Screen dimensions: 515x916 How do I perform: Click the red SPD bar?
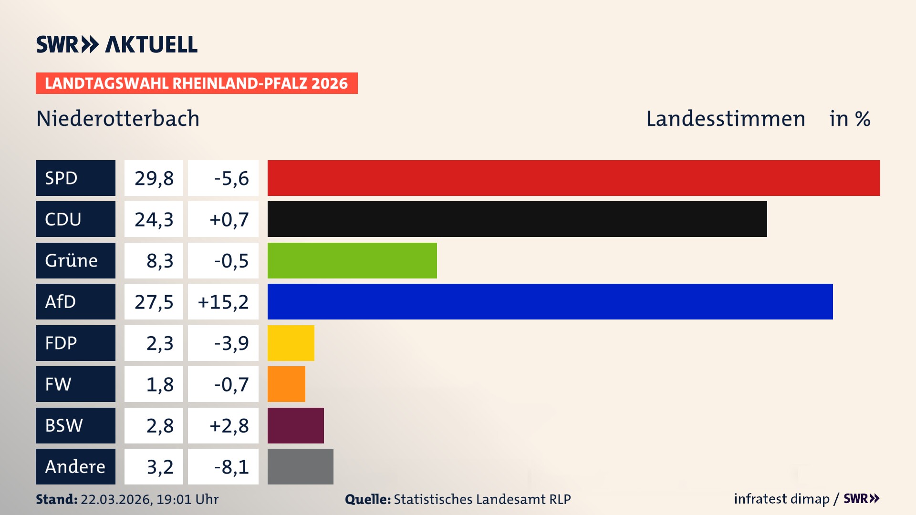pos(573,178)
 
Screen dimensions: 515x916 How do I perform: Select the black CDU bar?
pos(517,219)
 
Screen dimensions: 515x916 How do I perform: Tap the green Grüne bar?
pos(352,260)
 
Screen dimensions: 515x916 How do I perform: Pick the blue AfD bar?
pos(550,301)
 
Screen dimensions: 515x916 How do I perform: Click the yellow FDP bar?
pos(291,343)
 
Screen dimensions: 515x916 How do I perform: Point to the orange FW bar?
pos(286,384)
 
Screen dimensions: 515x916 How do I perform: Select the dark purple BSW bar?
pos(295,425)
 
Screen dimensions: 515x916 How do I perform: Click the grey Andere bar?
pos(300,466)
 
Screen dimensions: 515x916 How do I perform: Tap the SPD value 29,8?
pos(154,178)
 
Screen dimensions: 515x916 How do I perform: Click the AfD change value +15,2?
pos(223,302)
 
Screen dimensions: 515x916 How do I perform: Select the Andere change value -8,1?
pos(231,467)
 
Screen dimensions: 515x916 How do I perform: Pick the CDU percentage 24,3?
pos(154,219)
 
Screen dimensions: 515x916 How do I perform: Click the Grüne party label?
pos(72,260)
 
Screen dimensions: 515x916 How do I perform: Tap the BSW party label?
pos(64,425)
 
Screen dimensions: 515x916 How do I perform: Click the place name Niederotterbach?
pos(118,119)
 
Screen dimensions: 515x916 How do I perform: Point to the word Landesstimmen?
pos(725,119)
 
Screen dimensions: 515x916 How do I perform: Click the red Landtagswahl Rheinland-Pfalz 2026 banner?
pos(197,83)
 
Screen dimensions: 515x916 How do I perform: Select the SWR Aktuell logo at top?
pos(117,44)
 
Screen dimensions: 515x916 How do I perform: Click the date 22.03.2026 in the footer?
pos(116,499)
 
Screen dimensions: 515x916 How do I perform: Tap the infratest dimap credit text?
pos(781,499)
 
